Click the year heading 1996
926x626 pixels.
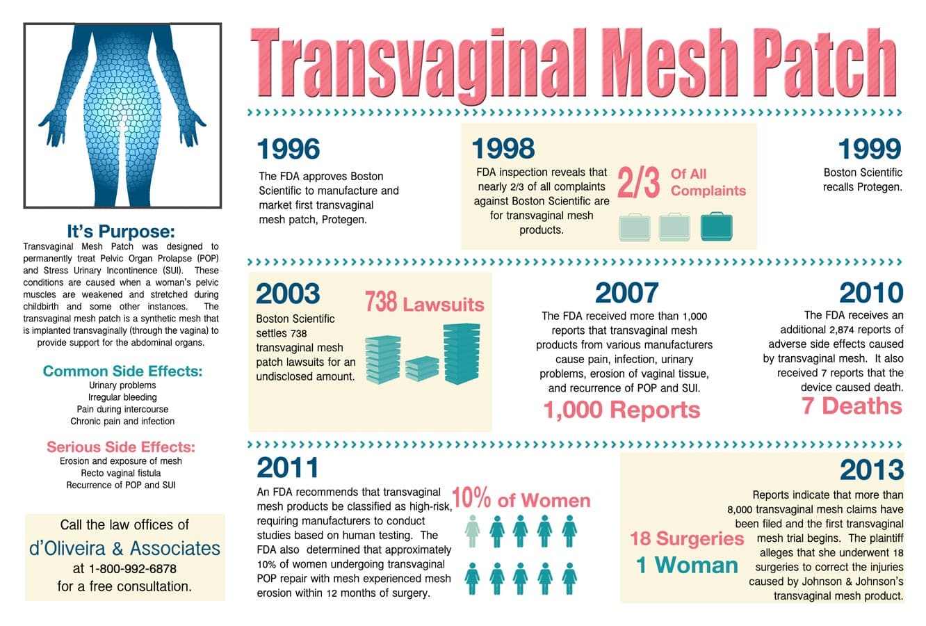tap(289, 149)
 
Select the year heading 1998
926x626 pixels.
tap(503, 148)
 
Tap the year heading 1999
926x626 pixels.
tap(870, 149)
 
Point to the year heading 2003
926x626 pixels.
tap(288, 294)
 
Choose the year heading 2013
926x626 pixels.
tap(872, 469)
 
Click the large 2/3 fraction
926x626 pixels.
tap(638, 183)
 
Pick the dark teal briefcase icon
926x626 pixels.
tap(716, 227)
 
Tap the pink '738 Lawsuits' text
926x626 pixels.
tap(424, 303)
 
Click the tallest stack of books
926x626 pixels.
tap(462, 353)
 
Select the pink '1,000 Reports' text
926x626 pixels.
tap(622, 410)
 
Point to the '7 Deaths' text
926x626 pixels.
tap(852, 406)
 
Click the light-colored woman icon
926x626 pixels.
tap(472, 531)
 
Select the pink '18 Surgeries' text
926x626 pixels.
tap(687, 538)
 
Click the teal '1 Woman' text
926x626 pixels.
tap(687, 565)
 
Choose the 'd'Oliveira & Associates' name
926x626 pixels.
tap(125, 547)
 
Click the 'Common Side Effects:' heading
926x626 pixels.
tap(122, 371)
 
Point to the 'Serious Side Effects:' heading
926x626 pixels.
tap(121, 447)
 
